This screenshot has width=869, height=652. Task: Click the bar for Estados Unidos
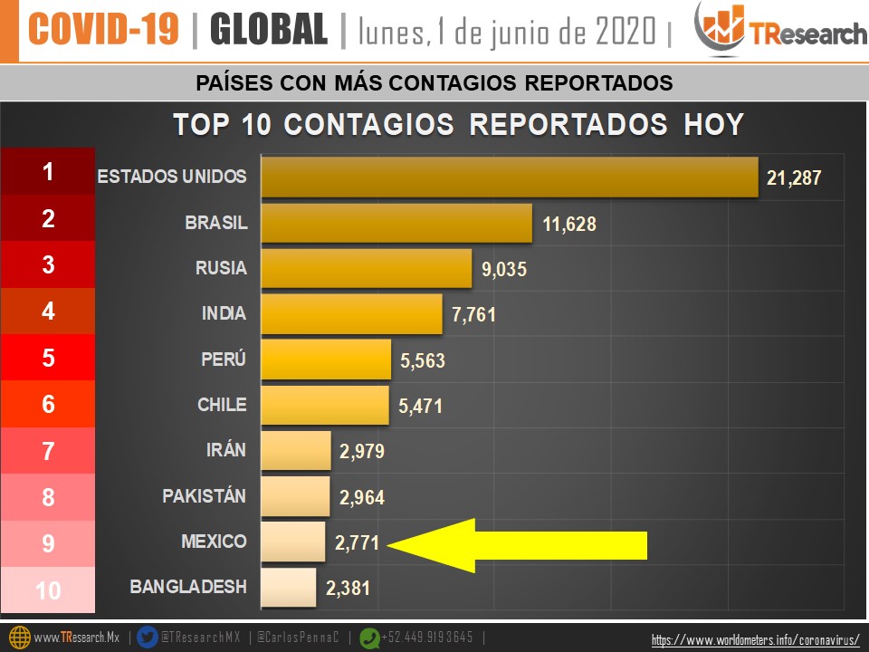509,177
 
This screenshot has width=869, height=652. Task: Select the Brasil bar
396,223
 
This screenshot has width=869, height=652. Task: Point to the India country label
224,313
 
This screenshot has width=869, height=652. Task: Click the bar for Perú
326,360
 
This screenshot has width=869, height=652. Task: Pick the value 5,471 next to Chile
421,407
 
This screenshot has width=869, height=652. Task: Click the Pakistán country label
204,496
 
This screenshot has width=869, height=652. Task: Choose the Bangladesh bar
289,588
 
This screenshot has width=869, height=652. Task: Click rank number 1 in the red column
48,172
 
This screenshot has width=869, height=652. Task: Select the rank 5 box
48,358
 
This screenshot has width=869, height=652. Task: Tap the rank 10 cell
48,591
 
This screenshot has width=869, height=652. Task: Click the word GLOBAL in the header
268,31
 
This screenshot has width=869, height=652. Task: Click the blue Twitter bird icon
148,638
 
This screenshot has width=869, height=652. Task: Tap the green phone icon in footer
369,638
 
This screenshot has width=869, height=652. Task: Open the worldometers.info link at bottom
755,640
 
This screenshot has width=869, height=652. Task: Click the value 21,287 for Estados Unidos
794,177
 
